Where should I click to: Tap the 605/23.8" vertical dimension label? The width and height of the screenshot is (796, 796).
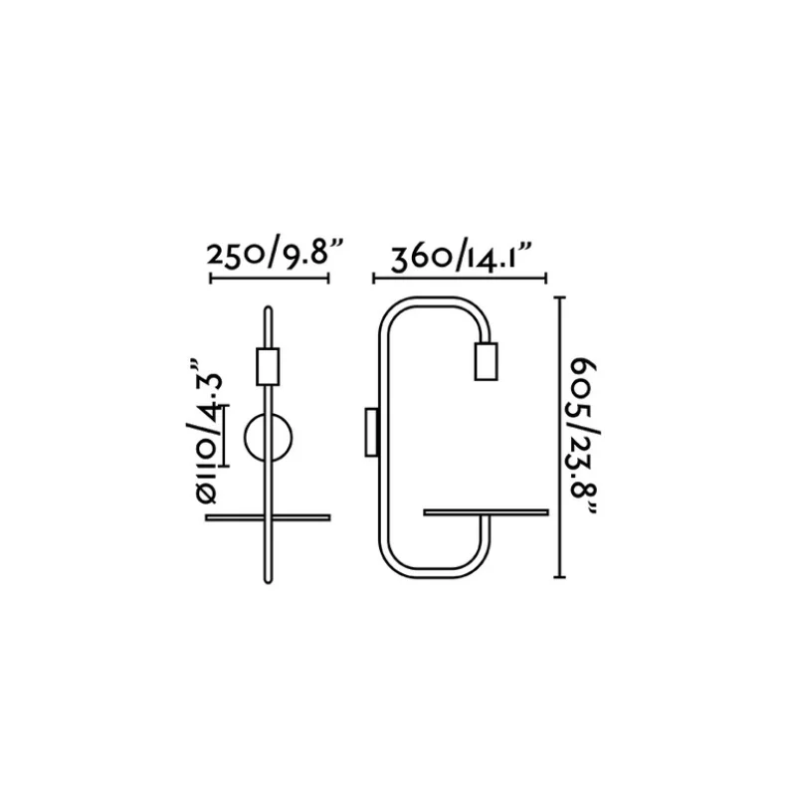tap(584, 436)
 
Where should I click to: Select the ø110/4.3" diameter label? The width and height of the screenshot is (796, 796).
tap(207, 433)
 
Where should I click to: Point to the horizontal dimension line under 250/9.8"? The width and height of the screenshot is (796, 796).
tap(270, 278)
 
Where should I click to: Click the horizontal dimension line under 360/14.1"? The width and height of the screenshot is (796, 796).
tap(460, 279)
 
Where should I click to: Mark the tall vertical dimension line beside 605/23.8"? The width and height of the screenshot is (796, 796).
tap(559, 437)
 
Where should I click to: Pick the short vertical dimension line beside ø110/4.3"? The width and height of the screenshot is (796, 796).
tap(226, 436)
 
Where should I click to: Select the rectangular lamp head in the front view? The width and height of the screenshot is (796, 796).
tap(268, 366)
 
